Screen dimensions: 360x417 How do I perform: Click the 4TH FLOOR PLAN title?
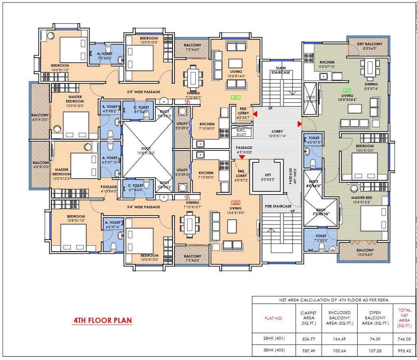[x=102, y=320]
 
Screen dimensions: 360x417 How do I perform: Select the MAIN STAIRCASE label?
[x=281, y=70]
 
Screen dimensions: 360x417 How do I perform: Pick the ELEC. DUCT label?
[x=241, y=132]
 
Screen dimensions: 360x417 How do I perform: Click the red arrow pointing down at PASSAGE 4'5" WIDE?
[x=242, y=157]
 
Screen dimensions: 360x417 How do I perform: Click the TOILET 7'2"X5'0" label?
[x=321, y=238]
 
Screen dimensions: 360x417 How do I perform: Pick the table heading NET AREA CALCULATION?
[x=334, y=300]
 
